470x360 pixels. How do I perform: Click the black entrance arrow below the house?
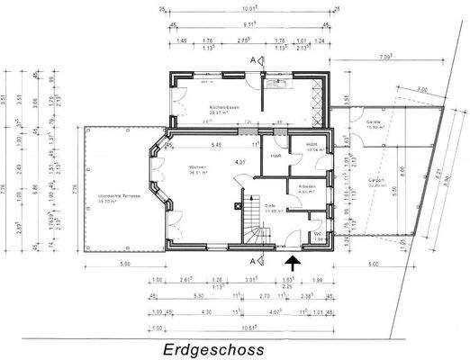[291, 262]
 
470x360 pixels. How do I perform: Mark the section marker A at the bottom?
[254, 260]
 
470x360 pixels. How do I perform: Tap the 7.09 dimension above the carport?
[385, 58]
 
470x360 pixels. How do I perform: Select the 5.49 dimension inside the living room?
[216, 145]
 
